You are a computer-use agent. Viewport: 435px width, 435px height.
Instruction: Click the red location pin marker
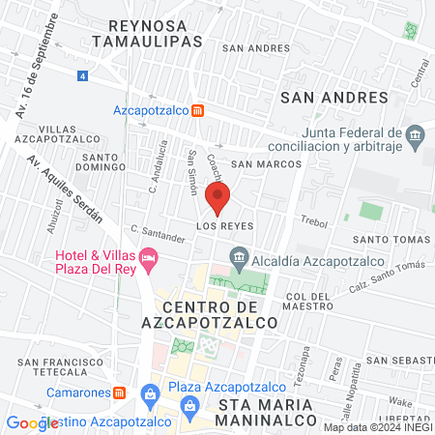217,198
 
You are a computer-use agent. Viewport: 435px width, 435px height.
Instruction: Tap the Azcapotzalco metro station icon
197,110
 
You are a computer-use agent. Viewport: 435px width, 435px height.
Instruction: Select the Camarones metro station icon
121,392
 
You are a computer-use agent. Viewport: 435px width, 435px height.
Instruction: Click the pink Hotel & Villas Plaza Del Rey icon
148,258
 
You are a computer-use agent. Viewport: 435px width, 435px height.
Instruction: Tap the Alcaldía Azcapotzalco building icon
237,256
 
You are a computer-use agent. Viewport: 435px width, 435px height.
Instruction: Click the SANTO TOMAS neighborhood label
390,240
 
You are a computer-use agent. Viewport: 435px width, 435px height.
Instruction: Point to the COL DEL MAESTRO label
310,302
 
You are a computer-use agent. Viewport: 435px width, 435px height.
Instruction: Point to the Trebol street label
316,221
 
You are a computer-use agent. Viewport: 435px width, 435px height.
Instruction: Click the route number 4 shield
83,74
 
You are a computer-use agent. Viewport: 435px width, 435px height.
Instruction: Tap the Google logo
33,422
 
